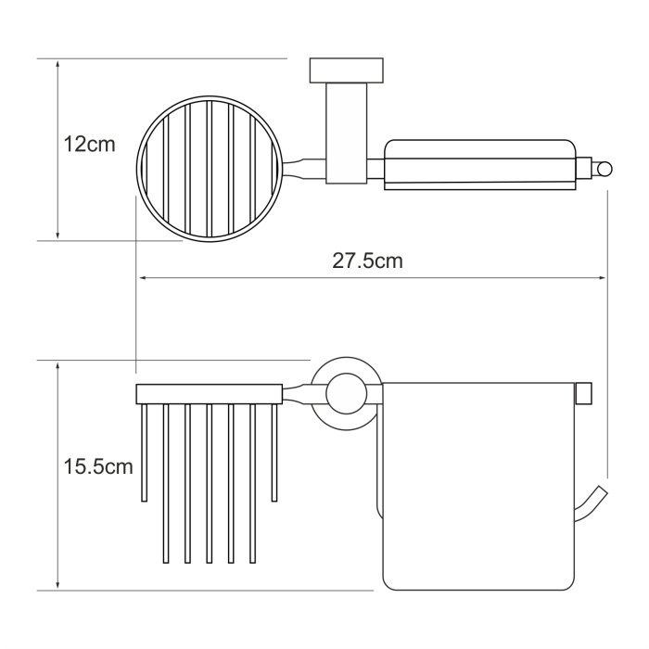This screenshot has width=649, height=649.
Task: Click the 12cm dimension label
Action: pyautogui.click(x=89, y=145)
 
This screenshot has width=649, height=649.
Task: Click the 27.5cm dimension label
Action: pyautogui.click(x=367, y=261)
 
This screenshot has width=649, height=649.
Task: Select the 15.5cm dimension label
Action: pyautogui.click(x=98, y=467)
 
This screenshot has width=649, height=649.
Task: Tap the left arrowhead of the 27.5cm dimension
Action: pyautogui.click(x=144, y=278)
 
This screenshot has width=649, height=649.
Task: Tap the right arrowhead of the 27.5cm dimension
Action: pyautogui.click(x=602, y=278)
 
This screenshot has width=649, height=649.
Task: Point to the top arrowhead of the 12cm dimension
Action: pyautogui.click(x=57, y=64)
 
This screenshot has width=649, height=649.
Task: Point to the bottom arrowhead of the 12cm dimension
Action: pyautogui.click(x=57, y=235)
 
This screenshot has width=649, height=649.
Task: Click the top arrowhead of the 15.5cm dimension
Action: pyautogui.click(x=57, y=366)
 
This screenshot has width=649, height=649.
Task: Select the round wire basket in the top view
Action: pyautogui.click(x=210, y=169)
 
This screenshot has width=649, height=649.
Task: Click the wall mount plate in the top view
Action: pyautogui.click(x=347, y=70)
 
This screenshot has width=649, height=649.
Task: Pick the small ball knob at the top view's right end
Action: pyautogui.click(x=604, y=170)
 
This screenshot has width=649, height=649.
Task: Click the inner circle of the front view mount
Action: pyautogui.click(x=347, y=394)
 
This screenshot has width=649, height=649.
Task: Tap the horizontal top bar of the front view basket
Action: pyautogui.click(x=210, y=394)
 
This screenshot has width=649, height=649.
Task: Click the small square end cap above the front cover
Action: pyautogui.click(x=584, y=393)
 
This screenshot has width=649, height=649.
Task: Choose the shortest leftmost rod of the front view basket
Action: pyautogui.click(x=145, y=452)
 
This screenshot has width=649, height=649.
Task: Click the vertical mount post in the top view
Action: pyautogui.click(x=347, y=134)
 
